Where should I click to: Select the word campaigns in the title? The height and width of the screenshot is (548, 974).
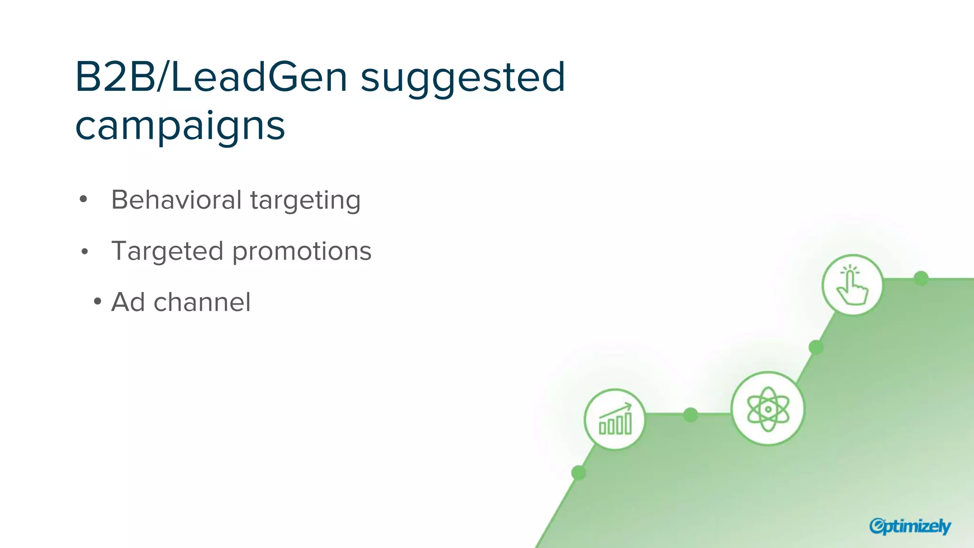pos(180,127)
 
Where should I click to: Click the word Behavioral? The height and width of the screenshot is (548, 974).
pos(176,200)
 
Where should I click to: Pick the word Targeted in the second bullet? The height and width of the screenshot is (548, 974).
pos(167,251)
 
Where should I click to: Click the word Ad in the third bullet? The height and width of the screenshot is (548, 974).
pos(128,302)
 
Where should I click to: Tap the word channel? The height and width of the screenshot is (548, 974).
pos(202,302)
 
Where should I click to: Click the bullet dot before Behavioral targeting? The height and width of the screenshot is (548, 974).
pos(84,199)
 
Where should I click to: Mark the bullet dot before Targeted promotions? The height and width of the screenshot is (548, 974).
pos(85,251)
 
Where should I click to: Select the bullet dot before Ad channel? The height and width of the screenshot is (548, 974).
pos(97,301)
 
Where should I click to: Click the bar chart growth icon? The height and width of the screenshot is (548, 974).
pos(615,420)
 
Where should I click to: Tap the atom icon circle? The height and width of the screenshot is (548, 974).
pos(768,409)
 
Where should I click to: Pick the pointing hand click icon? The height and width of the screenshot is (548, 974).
pos(852,285)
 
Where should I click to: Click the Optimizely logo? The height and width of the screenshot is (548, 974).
pos(910,526)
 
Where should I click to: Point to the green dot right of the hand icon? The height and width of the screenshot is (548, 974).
pos(921,278)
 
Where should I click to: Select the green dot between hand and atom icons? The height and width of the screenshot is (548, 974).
pos(816,347)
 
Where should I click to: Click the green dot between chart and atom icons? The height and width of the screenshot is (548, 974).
pos(691,415)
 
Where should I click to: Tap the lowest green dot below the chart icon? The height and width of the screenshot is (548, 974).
pos(578,473)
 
